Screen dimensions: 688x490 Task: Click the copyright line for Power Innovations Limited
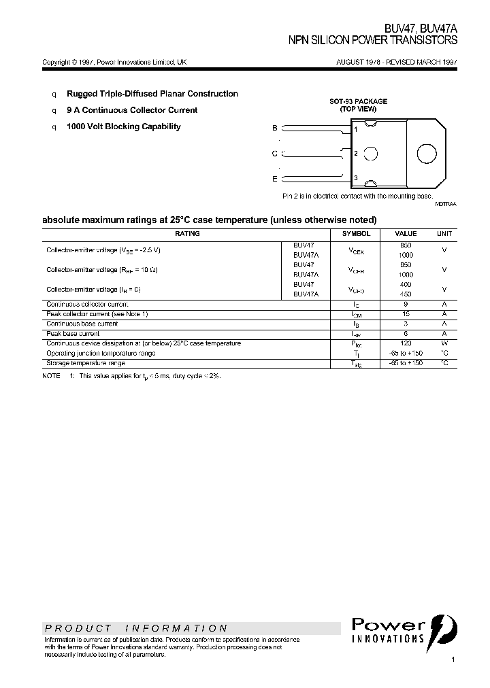click(114, 62)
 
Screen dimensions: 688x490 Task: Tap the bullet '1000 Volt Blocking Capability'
click(123, 126)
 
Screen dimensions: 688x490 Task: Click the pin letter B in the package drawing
click(275, 128)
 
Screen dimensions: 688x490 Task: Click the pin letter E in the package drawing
click(275, 179)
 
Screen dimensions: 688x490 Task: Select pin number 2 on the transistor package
click(355, 154)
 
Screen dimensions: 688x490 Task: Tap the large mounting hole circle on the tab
click(426, 154)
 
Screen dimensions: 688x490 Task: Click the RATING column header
click(187, 233)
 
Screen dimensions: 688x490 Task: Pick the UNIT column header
click(444, 233)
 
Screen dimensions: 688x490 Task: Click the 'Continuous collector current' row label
click(87, 305)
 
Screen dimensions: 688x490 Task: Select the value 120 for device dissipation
click(406, 343)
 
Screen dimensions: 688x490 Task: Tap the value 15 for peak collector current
click(406, 314)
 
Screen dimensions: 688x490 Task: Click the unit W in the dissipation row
click(444, 343)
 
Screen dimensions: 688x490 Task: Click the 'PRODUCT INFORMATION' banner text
click(136, 628)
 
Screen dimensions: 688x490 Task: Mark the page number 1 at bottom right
click(453, 659)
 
